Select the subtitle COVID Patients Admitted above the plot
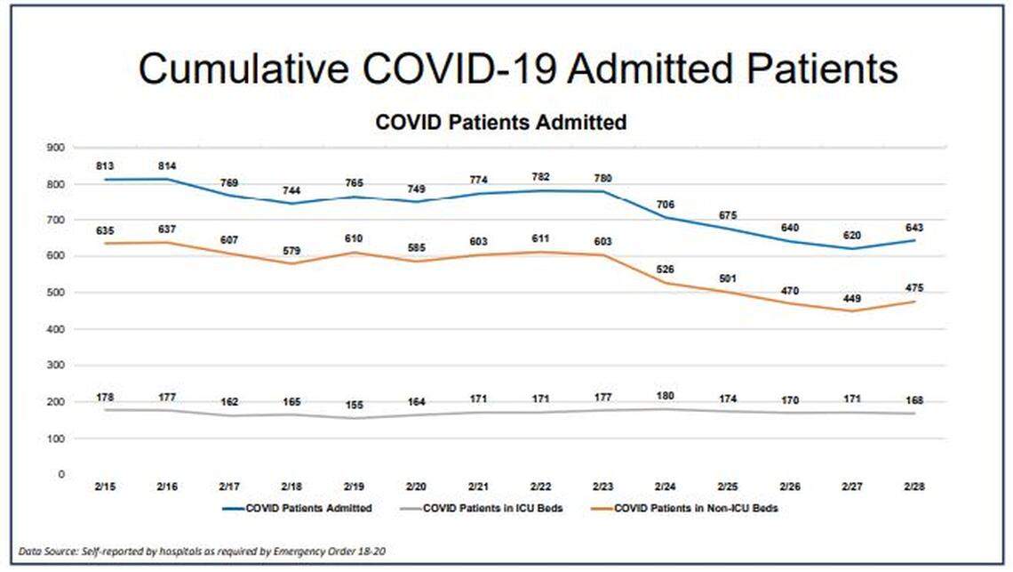coord(501,122)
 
